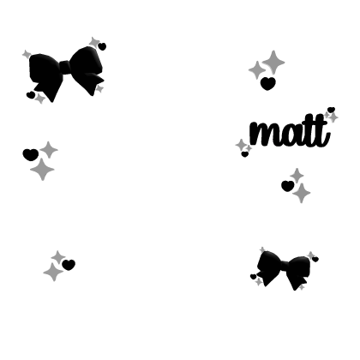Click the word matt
coord(290,132)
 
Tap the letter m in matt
coord(263,134)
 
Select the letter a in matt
coord(290,135)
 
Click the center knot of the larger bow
coord(66,68)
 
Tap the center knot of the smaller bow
coord(285,266)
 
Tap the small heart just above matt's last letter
coord(331,110)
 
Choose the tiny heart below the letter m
coord(245,154)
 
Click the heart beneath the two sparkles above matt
coord(268,83)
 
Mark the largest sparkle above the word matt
coord(273,63)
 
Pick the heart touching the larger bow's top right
coord(102,46)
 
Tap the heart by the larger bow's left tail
coord(31,95)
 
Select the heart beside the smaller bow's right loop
coord(315,259)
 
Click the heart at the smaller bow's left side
coord(254,277)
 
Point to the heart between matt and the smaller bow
coord(288,186)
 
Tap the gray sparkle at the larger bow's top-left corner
coord(27,54)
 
